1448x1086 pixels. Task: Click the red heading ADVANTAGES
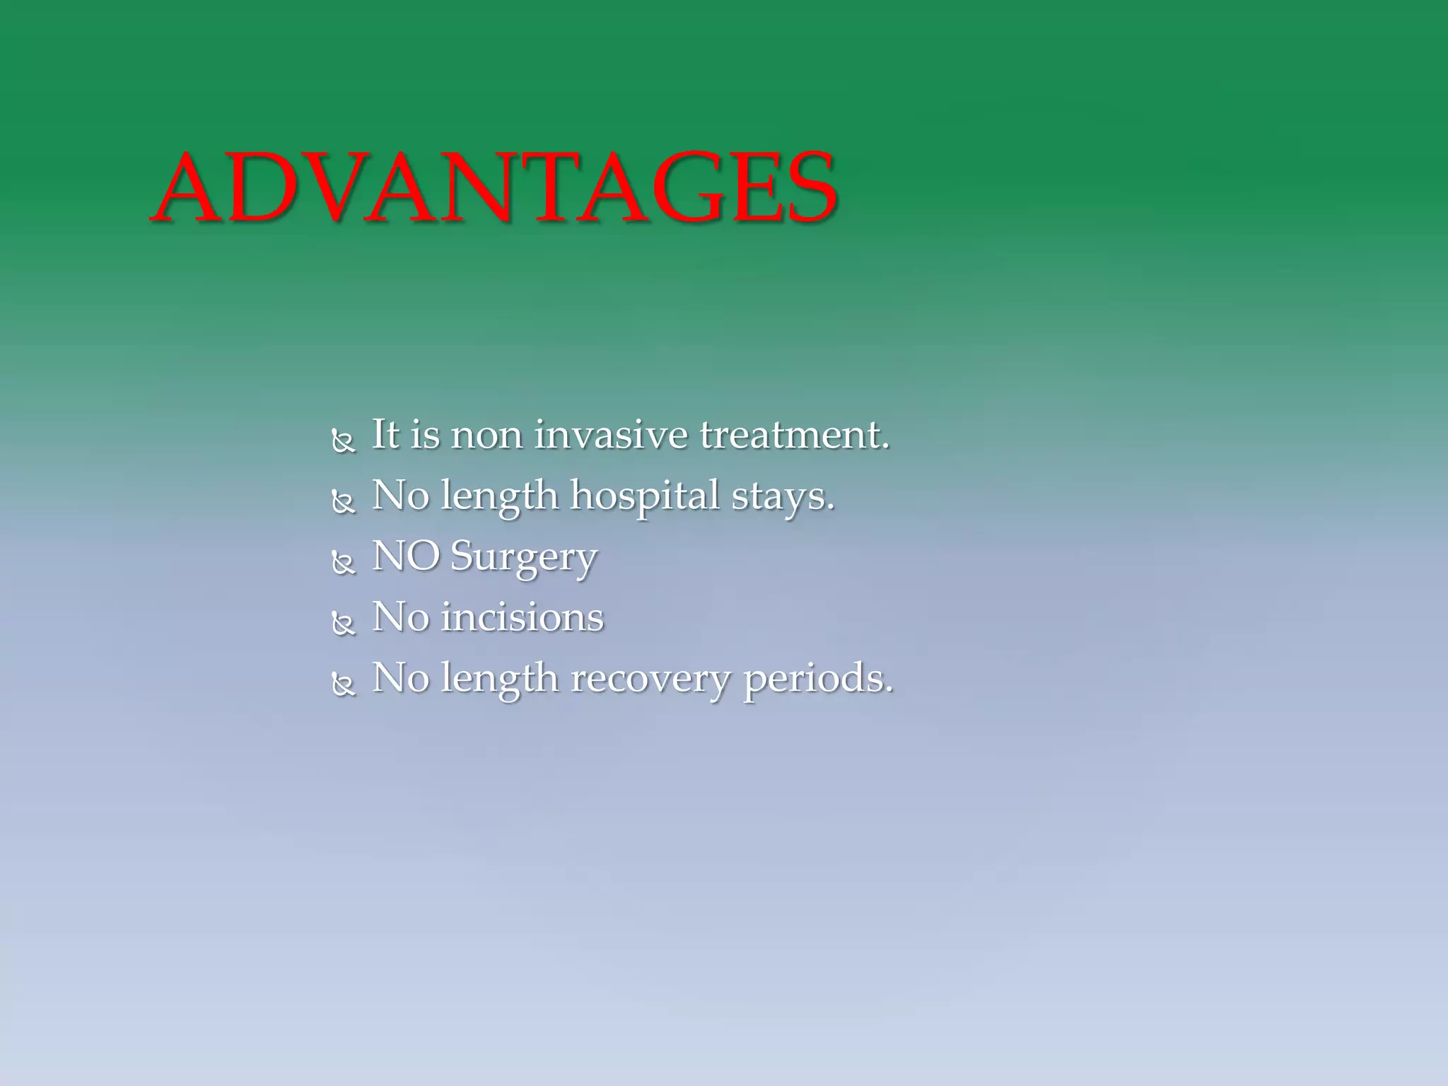tap(495, 189)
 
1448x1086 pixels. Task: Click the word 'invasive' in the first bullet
tap(610, 434)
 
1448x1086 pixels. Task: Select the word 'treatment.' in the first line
tap(794, 434)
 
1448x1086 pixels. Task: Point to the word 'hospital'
tap(644, 496)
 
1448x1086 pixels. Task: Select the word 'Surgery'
tap(523, 557)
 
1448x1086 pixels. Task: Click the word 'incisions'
tap(522, 617)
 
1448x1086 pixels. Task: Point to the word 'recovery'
tap(650, 679)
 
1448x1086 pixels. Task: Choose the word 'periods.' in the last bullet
tap(818, 679)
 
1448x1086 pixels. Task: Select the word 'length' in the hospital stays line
tap(499, 496)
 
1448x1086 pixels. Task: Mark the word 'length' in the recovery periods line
tap(499, 679)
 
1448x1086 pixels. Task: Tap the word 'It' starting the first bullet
tap(386, 434)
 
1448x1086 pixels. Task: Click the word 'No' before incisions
tap(400, 617)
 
